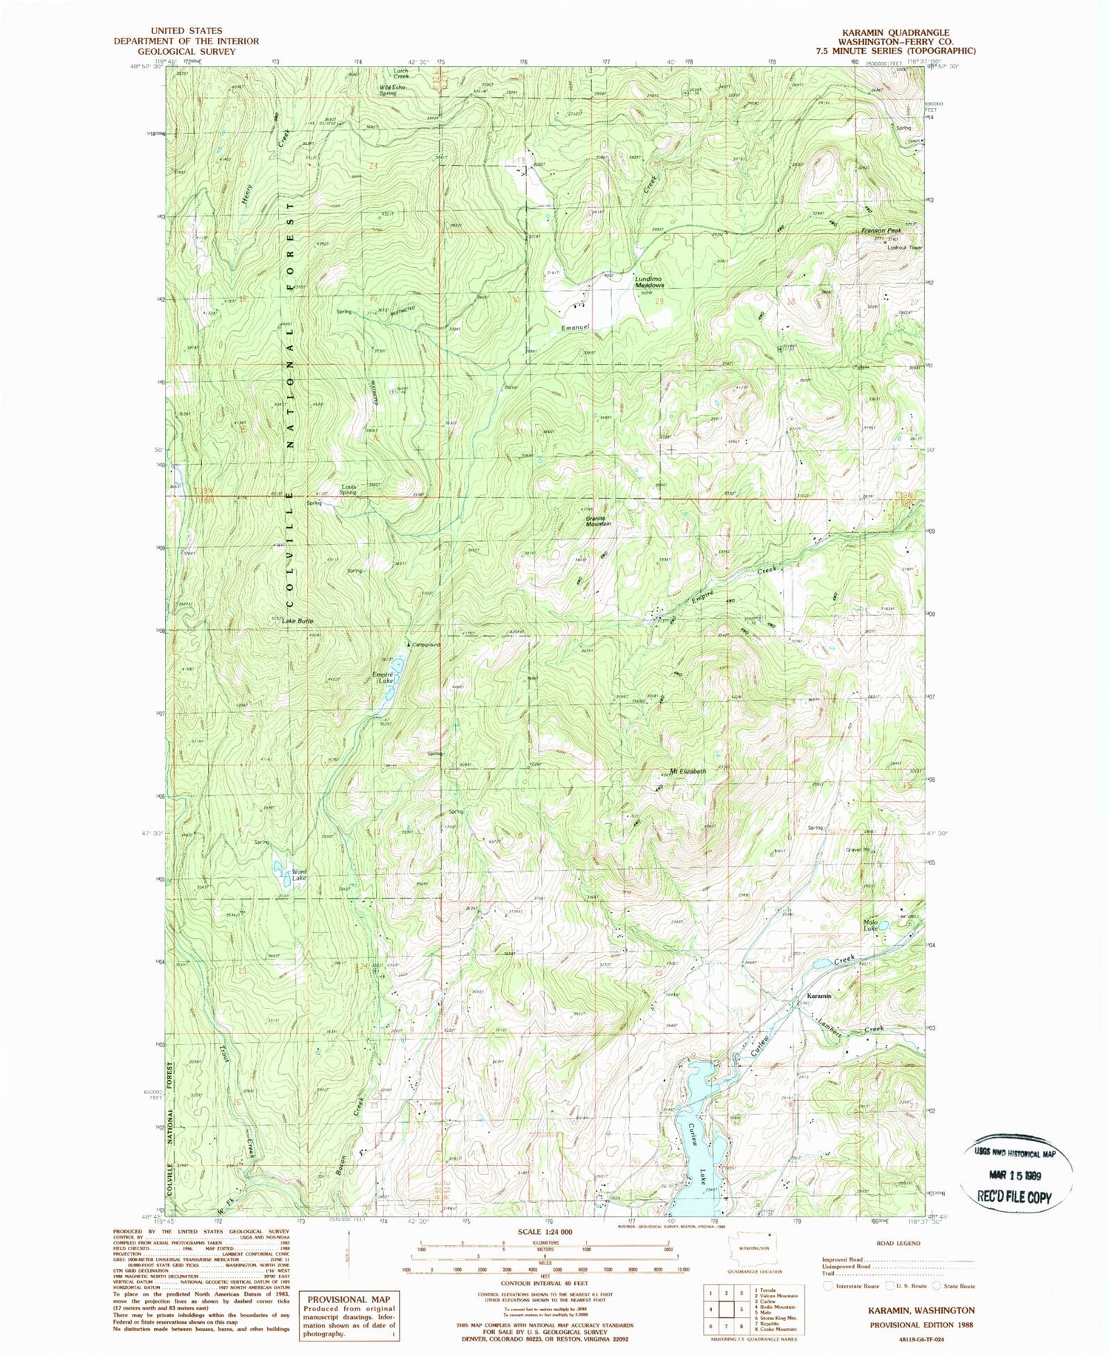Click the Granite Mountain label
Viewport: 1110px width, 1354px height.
pyautogui.click(x=598, y=520)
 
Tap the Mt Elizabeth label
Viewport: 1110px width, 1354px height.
pyautogui.click(x=687, y=771)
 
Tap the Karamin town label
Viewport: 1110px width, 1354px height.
pyautogui.click(x=818, y=996)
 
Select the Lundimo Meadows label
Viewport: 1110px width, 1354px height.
pyautogui.click(x=650, y=282)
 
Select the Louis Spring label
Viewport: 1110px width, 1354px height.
pyautogui.click(x=349, y=489)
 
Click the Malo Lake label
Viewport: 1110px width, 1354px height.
pyautogui.click(x=870, y=925)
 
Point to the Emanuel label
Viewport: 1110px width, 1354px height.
pyautogui.click(x=574, y=328)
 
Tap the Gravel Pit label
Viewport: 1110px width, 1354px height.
pyautogui.click(x=858, y=850)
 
